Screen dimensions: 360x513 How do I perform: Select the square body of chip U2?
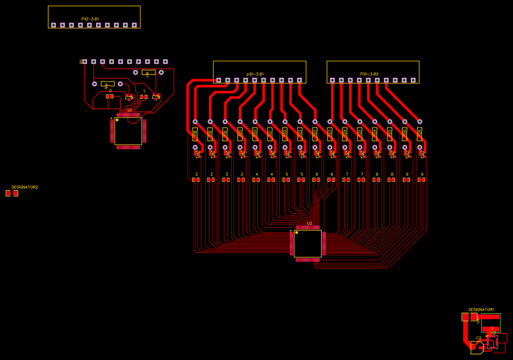tap(308, 243)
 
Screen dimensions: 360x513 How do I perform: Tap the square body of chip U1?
tap(128, 131)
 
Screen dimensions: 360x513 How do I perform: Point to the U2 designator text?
tap(310, 223)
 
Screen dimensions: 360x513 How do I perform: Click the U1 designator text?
tap(130, 110)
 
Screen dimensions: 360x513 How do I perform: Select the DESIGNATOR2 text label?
tap(24, 187)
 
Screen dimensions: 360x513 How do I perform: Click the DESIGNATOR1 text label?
tap(481, 310)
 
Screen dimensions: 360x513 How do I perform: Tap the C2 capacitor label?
tap(479, 338)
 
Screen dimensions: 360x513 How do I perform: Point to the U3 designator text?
tap(493, 333)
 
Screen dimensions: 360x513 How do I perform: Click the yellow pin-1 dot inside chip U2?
tap(297, 232)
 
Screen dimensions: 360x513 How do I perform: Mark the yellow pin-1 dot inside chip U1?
tap(117, 120)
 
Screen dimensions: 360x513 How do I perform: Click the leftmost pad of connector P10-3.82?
tap(332, 80)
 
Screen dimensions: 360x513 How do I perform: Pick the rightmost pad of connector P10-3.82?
tap(413, 80)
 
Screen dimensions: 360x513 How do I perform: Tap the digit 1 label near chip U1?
tap(144, 91)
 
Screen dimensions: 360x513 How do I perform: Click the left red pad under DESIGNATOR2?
tap(8, 193)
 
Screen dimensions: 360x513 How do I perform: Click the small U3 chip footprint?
tap(497, 339)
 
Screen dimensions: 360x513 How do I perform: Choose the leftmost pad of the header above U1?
tap(85, 62)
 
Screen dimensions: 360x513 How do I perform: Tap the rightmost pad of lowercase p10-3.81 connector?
tap(299, 80)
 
